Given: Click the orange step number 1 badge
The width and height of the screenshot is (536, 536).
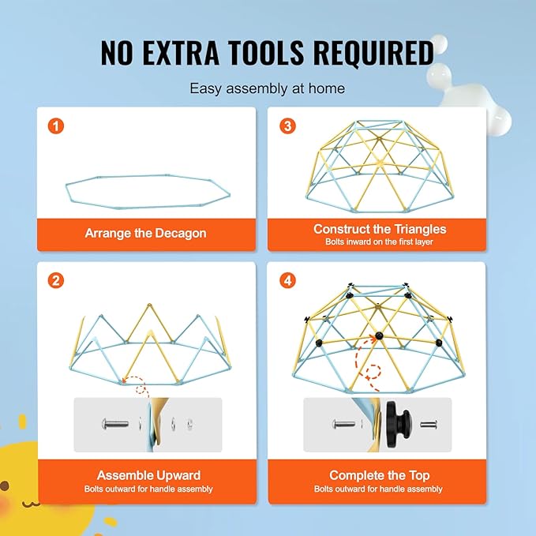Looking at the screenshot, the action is point(56,126).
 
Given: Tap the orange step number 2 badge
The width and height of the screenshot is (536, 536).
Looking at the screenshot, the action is point(56,281).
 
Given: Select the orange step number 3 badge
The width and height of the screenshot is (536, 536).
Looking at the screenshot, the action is point(288,126).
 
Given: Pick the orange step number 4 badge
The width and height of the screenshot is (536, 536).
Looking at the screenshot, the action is point(288,281).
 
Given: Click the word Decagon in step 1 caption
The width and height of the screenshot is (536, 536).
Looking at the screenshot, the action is point(181,234).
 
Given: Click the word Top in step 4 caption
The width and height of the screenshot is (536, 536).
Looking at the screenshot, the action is point(419,475).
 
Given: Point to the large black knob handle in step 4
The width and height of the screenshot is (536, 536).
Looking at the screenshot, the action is point(399,424).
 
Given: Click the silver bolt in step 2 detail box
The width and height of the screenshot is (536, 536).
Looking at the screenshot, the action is point(115,424).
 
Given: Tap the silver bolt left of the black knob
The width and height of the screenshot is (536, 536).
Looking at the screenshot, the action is point(343,424).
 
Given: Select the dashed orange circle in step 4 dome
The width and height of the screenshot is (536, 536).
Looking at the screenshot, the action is point(373,372).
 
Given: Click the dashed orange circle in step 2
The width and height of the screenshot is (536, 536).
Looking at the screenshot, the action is point(141,389).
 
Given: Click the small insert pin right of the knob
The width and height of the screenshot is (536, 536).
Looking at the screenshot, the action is point(429,425).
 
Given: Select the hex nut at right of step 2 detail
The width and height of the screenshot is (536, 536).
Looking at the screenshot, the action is point(189,424).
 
